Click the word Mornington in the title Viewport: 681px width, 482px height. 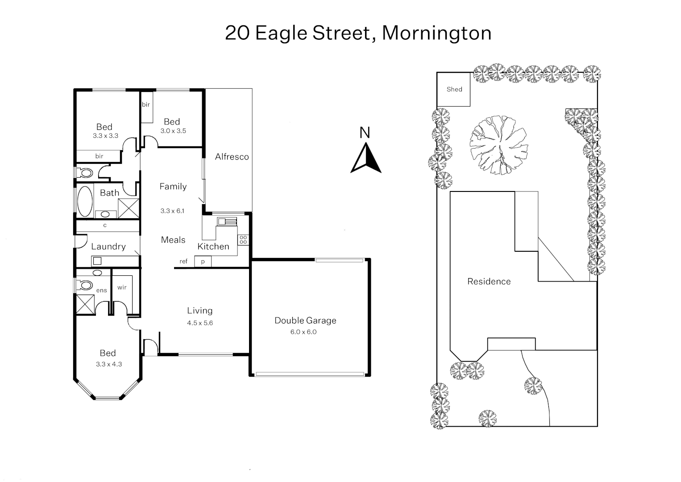(x=436, y=33)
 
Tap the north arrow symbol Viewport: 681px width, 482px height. (x=365, y=158)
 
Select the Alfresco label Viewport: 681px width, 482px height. (x=232, y=157)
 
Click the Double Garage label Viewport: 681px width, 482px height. (x=305, y=320)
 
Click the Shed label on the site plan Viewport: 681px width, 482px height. (x=454, y=89)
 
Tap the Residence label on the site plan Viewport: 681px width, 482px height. (x=489, y=281)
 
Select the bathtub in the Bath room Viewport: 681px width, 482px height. (x=85, y=201)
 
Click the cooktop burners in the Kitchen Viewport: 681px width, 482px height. (x=243, y=240)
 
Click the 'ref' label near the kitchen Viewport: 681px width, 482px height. (x=183, y=262)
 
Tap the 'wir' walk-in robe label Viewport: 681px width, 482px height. (x=122, y=287)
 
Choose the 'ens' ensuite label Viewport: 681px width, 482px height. (x=102, y=291)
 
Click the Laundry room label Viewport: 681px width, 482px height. (x=108, y=246)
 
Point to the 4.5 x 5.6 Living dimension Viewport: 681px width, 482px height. (x=200, y=323)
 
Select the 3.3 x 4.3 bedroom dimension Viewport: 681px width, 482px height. (x=108, y=364)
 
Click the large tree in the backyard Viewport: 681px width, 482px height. (x=498, y=145)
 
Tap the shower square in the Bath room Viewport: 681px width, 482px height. (x=129, y=208)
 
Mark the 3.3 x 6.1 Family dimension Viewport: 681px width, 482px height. (x=172, y=211)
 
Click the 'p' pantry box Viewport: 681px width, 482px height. (x=203, y=262)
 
